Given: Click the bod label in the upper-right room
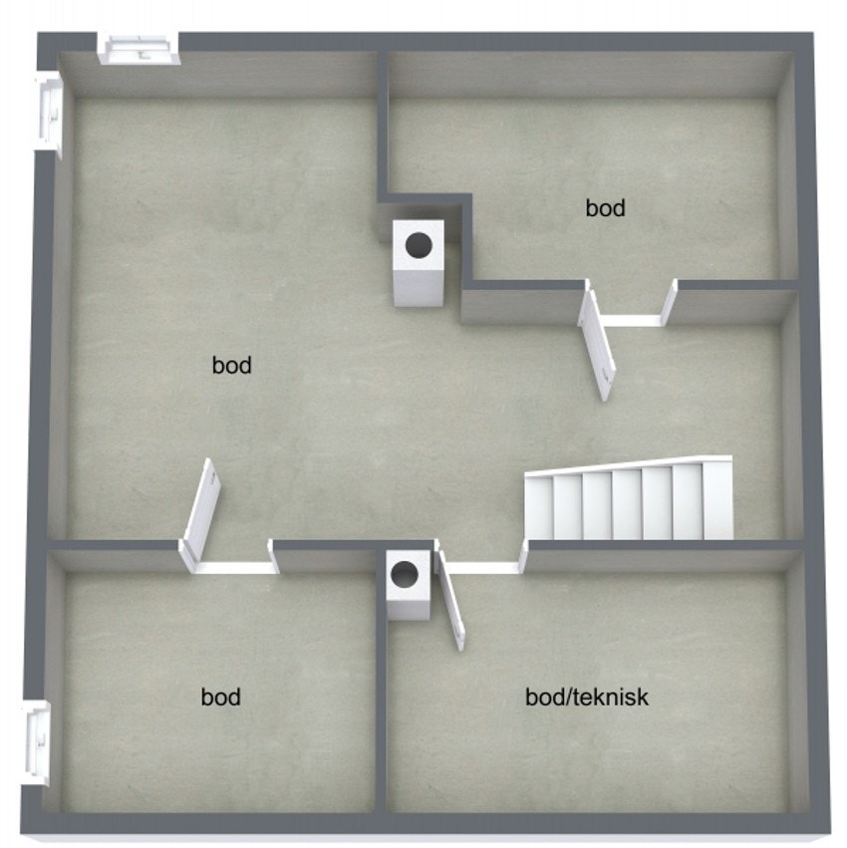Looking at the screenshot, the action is coord(605,208).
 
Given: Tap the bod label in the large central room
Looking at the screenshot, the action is coord(231,365).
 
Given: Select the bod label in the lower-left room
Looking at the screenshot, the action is coord(220,697).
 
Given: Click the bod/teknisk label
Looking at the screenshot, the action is coord(587,697).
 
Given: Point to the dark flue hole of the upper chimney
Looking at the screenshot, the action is coord(419,245).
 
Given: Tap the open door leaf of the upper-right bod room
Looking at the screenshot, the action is coord(597,345).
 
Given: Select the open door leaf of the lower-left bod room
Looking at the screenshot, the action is coord(200,514).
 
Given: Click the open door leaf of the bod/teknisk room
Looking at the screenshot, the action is coord(450,600).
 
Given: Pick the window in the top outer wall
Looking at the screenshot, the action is coord(139,50).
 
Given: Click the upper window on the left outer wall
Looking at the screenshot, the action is coord(48,115).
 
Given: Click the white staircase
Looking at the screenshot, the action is coord(629,499).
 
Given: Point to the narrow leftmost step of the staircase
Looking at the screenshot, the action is coord(539,508).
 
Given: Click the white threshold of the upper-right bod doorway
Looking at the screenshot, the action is coord(631,321).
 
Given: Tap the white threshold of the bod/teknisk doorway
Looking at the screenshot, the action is coord(482,568).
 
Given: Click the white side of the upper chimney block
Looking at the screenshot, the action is coord(420,288).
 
